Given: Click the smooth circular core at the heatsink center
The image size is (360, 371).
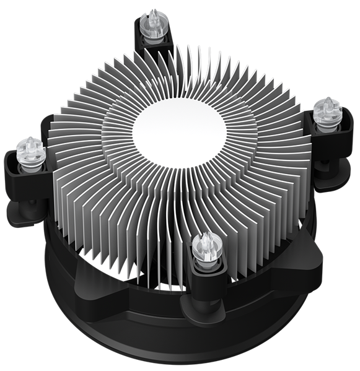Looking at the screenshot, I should click(x=180, y=131).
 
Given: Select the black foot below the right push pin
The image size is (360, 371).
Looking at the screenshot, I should click(x=338, y=180).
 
